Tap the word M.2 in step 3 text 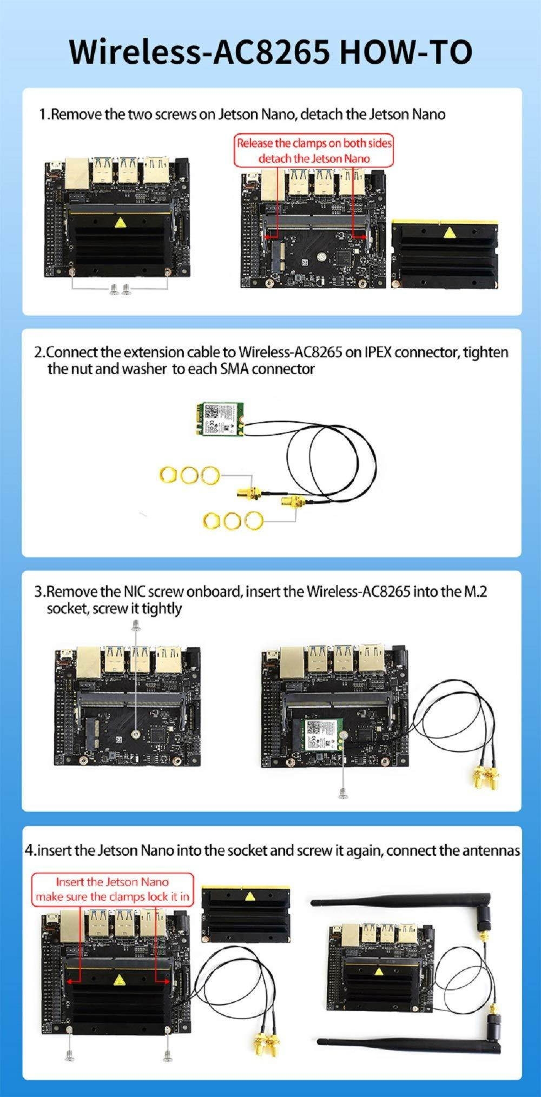pos(476,591)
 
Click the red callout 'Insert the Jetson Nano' pos(113,882)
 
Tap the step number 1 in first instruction pos(43,115)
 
